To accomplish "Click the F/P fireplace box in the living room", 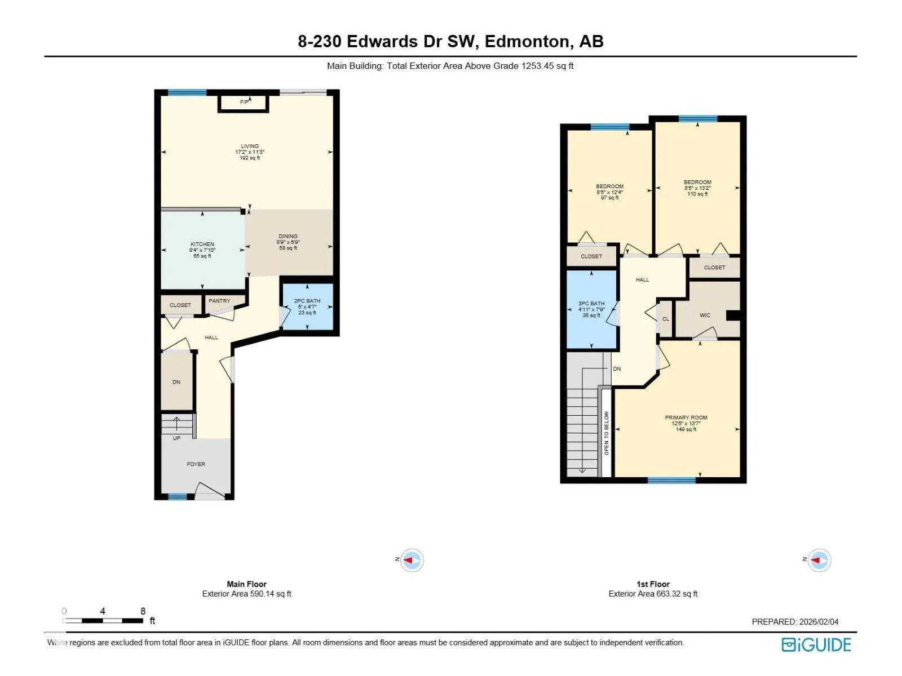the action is (x=244, y=104).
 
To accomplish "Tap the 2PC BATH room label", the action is (x=307, y=301).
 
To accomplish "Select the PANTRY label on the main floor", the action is (x=219, y=301).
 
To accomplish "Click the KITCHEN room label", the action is (x=202, y=244).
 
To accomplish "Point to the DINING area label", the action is (x=288, y=237).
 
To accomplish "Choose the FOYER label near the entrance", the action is (x=196, y=464).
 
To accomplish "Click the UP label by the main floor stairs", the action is (x=176, y=438).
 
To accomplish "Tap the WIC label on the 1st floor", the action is (x=705, y=315).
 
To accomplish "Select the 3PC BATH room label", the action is (x=591, y=304).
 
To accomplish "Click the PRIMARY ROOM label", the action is (x=686, y=417).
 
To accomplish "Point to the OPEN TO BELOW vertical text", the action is (x=607, y=433).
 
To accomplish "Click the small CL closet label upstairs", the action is (x=666, y=319).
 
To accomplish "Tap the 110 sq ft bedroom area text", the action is (x=698, y=194).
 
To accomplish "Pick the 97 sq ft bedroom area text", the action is (x=610, y=198).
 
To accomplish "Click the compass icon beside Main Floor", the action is (x=412, y=561).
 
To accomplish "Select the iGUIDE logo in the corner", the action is (x=816, y=645).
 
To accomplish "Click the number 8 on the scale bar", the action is (x=143, y=611).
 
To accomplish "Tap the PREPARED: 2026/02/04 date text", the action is (x=795, y=622).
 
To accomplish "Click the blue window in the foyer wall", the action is (x=178, y=497).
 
